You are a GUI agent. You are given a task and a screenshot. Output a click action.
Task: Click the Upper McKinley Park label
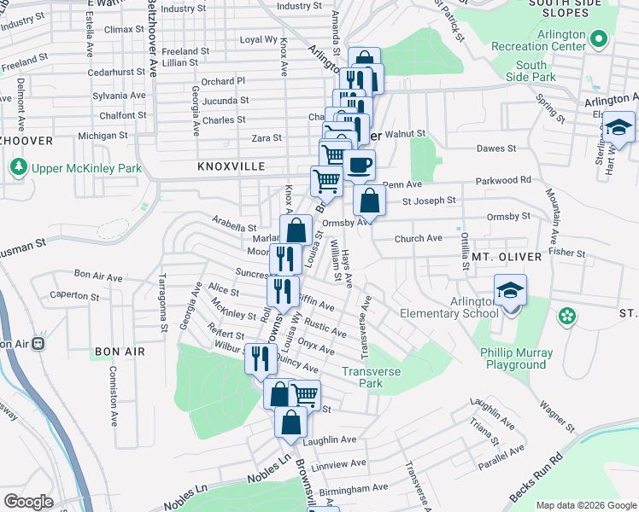point(86,168)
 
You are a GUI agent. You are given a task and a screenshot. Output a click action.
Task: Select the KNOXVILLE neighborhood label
point(232,166)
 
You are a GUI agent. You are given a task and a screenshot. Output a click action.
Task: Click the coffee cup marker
point(360,165)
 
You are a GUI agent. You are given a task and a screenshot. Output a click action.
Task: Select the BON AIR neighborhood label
point(120,352)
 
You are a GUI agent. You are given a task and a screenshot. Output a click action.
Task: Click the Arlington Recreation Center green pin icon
point(600,39)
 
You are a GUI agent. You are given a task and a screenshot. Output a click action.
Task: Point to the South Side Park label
point(531,71)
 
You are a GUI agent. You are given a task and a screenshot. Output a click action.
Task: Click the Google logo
point(29,502)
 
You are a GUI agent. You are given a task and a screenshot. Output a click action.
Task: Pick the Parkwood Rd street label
point(504,180)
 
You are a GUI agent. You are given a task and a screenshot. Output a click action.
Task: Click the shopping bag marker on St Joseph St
point(369,201)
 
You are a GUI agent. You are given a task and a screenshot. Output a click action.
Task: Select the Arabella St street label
point(235,228)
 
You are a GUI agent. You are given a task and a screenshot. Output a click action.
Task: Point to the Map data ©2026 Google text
point(586,505)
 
